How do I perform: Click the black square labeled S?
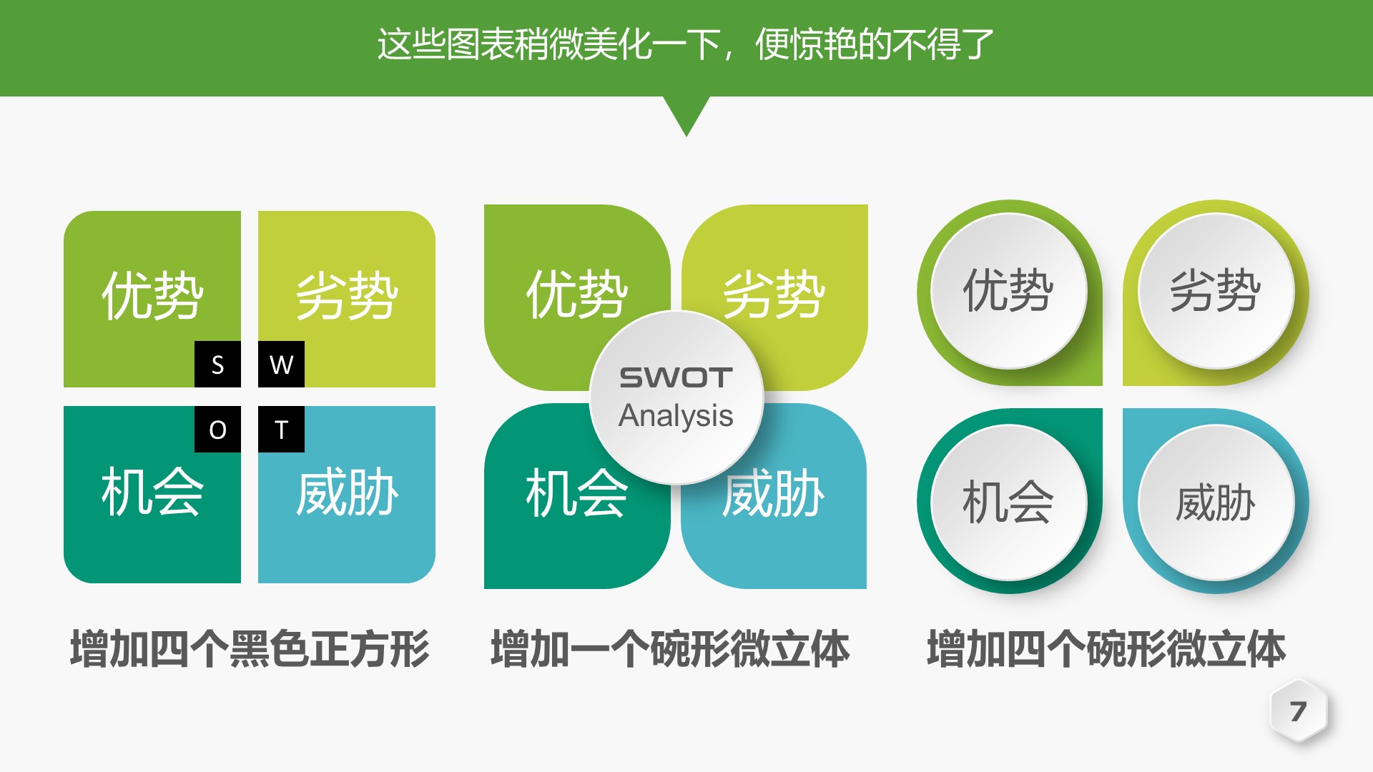pos(217,365)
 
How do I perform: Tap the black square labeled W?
pos(281,365)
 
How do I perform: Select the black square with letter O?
pos(217,429)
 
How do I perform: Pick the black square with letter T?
pos(281,429)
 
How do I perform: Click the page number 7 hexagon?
pos(1298,711)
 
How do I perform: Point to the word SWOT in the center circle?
pos(676,377)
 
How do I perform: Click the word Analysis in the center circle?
pos(676,415)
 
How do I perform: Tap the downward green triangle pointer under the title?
pos(686,114)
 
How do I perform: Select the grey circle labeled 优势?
pos(1008,291)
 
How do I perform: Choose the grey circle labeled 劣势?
pos(1216,291)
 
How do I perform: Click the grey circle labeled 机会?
pos(1008,502)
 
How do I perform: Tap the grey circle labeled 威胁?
pos(1216,502)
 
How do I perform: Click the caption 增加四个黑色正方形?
pos(250,649)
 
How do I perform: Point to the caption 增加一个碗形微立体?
pos(670,649)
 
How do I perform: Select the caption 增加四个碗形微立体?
pos(1106,649)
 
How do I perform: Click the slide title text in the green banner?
pos(685,44)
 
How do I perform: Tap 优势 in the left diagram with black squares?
pos(152,295)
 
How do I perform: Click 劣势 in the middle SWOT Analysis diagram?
pos(774,295)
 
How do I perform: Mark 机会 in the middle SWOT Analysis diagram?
pos(576,493)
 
